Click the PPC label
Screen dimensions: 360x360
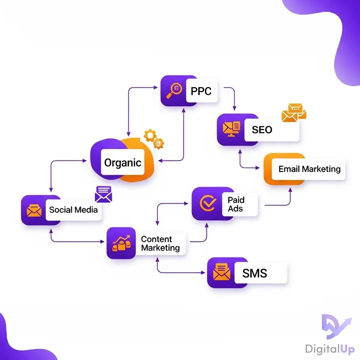(201, 91)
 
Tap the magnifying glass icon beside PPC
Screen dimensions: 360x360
(174, 91)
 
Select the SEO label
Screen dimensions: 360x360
(262, 130)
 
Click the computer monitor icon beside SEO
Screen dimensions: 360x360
(231, 129)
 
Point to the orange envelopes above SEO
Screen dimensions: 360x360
(294, 113)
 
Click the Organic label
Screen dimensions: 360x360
(123, 163)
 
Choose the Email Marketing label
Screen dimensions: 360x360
(309, 169)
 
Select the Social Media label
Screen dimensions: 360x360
(73, 210)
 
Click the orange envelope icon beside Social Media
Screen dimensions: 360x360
(34, 210)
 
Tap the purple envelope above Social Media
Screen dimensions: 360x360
(103, 194)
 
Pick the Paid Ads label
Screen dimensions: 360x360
(236, 204)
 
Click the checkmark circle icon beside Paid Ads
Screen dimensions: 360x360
(207, 204)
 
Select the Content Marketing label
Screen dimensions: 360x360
(160, 244)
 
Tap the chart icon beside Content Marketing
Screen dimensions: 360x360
(121, 243)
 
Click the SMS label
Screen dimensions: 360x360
(255, 273)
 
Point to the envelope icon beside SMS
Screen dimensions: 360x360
(222, 273)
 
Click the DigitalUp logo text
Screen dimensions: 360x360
(330, 349)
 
